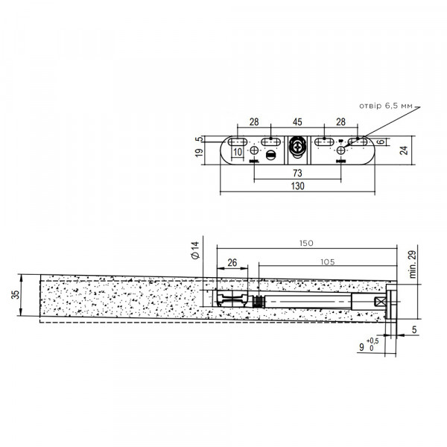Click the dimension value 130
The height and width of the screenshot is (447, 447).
(x=297, y=186)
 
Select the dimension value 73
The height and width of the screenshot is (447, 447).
(x=297, y=173)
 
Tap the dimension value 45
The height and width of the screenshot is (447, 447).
(x=297, y=122)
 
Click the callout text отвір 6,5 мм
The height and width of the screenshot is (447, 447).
(x=385, y=106)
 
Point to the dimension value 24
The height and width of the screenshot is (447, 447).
(x=404, y=150)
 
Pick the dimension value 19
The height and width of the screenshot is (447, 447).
(x=200, y=153)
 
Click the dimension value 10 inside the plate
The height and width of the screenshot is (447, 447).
(x=238, y=152)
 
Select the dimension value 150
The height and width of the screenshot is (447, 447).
(x=306, y=243)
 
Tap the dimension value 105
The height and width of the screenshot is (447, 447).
(x=328, y=261)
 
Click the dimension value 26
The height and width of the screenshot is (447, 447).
(x=232, y=262)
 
